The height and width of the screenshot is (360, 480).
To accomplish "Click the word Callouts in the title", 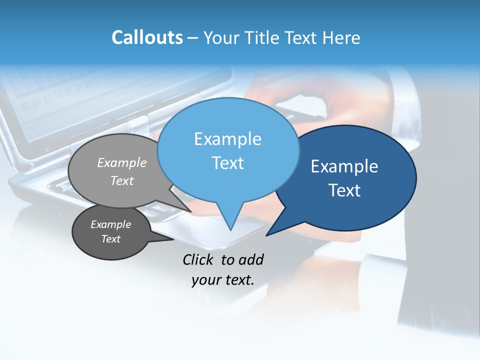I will [x=147, y=37].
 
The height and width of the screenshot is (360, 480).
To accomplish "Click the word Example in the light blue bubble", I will [x=227, y=139].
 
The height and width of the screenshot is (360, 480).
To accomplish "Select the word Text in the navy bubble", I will [x=344, y=190].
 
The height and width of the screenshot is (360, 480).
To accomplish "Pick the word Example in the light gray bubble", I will [x=122, y=163].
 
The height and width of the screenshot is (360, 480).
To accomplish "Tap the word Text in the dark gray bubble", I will [x=110, y=239].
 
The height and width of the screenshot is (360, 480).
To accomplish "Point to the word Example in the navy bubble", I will [x=344, y=166].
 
